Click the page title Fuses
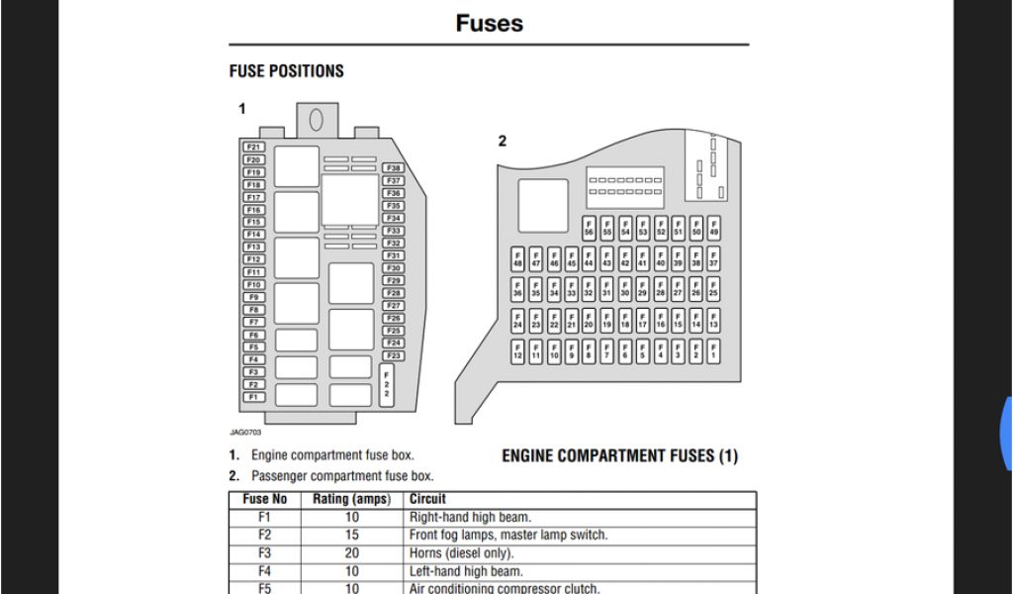coord(489,23)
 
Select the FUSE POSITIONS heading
coord(286,71)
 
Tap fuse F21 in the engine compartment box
coord(254,147)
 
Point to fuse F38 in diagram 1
coord(394,168)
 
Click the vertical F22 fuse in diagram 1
coord(387,385)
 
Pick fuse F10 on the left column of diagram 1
coord(254,284)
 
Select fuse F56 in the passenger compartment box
coord(590,229)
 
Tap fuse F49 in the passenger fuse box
coord(713,229)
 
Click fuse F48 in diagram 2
coord(517,259)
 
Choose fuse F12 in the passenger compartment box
coord(517,351)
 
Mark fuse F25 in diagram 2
coord(713,290)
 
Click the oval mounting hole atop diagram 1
coord(317,120)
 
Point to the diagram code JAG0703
coord(244,432)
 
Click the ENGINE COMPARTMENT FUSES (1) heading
coord(619,456)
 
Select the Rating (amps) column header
coord(351,499)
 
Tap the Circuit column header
coord(427,499)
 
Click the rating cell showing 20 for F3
coord(351,552)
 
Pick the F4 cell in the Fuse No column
coord(264,570)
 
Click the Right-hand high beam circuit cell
coord(471,517)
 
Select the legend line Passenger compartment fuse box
coord(342,475)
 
